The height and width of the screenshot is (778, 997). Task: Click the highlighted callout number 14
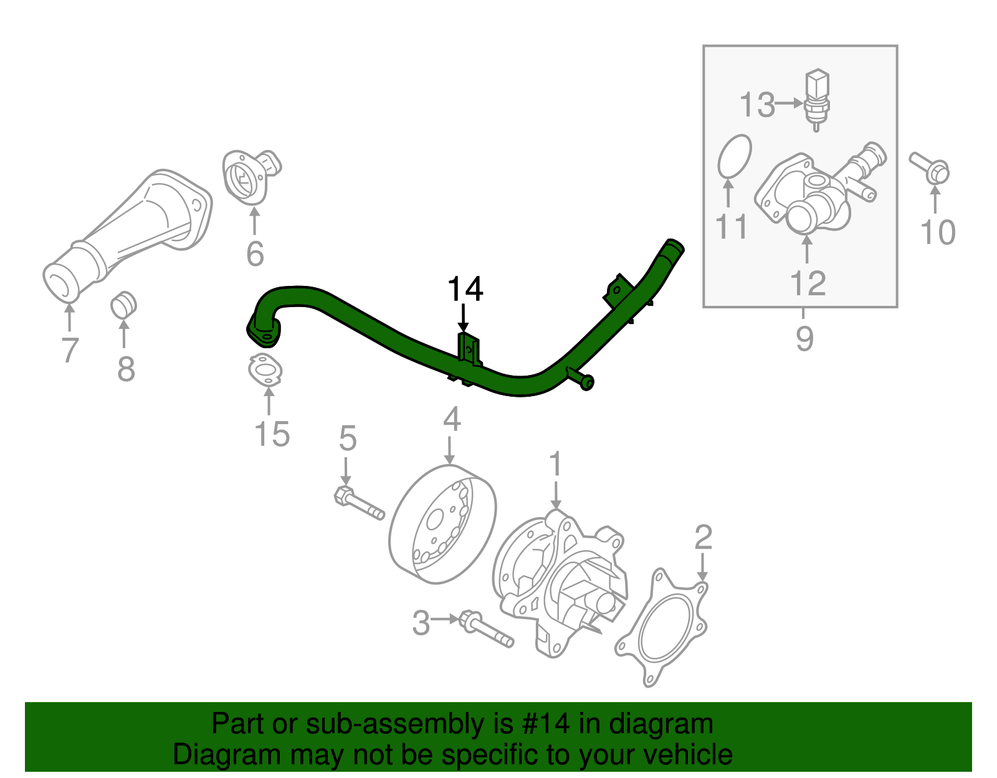coord(465,290)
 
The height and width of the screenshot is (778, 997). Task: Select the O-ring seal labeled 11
coord(735,155)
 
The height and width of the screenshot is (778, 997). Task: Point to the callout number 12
coord(808,283)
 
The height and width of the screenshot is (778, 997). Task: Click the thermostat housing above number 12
coord(804,193)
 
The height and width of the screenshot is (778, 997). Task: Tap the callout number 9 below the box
coord(804,339)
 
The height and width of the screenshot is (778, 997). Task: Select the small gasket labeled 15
coord(265,370)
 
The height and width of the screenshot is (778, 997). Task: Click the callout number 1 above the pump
coord(555,465)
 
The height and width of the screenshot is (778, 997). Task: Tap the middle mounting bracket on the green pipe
coord(469,349)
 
